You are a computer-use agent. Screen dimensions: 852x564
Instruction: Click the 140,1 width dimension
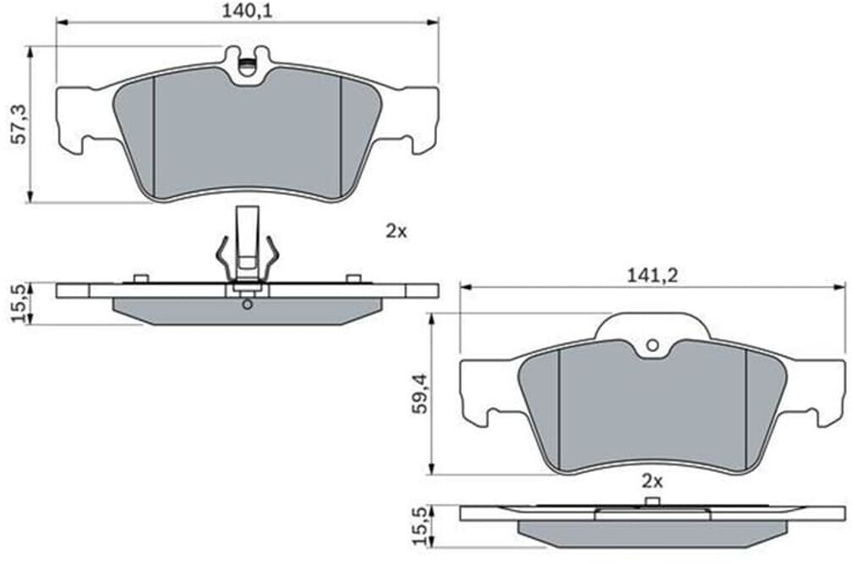tap(247, 11)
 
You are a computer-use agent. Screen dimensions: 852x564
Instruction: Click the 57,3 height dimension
tap(20, 125)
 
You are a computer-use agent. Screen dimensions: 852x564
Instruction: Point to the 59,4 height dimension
tap(420, 394)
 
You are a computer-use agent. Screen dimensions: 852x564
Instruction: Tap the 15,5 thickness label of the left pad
tap(20, 304)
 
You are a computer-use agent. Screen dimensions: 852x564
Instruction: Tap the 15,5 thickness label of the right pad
tap(420, 526)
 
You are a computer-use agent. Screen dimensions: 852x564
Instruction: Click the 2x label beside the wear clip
tap(396, 232)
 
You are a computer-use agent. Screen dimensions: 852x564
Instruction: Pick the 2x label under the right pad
tap(652, 481)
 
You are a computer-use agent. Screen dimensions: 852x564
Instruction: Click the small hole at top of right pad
tap(653, 345)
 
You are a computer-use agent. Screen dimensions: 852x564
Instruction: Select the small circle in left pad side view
tap(247, 304)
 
